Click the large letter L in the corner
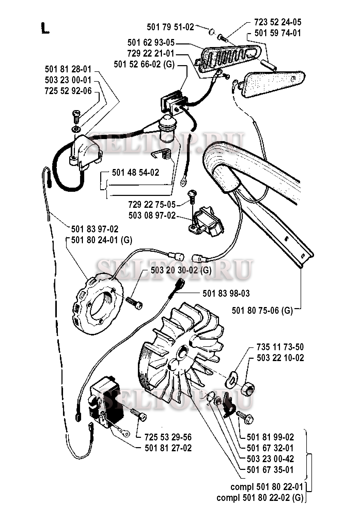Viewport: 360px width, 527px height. click(45, 28)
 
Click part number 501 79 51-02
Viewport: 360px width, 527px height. click(170, 27)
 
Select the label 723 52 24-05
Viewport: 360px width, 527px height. click(278, 22)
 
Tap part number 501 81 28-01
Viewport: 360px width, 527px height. click(68, 69)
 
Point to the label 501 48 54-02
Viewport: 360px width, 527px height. click(136, 172)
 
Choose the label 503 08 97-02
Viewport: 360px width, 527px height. click(152, 215)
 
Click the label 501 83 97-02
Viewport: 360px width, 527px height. click(95, 229)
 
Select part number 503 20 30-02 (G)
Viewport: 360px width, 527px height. click(181, 270)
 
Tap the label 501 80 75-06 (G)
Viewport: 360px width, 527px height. click(262, 310)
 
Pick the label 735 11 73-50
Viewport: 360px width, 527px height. click(280, 347)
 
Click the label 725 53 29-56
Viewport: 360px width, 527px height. click(168, 437)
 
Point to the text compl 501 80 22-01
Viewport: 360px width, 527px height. click(267, 487)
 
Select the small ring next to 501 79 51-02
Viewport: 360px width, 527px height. click(212, 32)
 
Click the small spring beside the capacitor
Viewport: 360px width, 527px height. click(162, 154)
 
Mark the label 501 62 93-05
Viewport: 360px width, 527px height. click(151, 43)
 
